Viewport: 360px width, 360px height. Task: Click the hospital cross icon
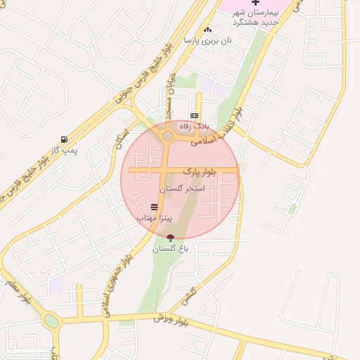click(256, 4)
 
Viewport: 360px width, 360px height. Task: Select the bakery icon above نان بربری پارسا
click(207, 30)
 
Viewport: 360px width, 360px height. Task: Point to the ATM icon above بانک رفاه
click(195, 115)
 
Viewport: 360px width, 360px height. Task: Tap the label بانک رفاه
click(195, 125)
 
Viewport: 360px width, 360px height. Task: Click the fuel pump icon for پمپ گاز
click(65, 140)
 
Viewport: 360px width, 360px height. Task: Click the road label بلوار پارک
click(200, 171)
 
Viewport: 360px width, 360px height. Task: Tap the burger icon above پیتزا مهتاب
click(154, 207)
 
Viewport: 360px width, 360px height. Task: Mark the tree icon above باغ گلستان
click(171, 238)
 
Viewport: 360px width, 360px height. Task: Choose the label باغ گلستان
click(171, 249)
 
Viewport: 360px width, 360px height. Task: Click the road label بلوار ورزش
click(172, 321)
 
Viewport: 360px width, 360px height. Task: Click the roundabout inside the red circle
click(167, 136)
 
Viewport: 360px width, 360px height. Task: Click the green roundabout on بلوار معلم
click(51, 321)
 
